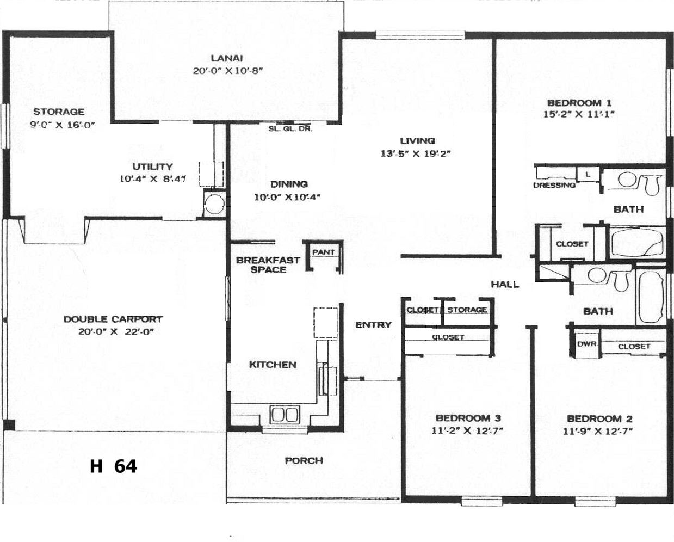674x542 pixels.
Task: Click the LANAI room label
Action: coord(227,58)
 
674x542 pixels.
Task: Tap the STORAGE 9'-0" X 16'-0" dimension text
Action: coord(63,125)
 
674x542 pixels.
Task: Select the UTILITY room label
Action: coord(152,167)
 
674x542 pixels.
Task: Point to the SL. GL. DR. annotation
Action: coord(290,128)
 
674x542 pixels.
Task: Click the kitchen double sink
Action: coord(285,415)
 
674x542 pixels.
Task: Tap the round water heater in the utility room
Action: coord(214,204)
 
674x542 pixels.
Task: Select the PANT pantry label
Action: coord(324,252)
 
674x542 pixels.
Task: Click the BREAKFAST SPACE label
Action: coord(268,264)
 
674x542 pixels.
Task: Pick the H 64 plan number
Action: coord(113,466)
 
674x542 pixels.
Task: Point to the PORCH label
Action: coord(304,460)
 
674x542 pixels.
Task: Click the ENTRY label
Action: coord(373,325)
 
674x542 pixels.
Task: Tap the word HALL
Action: coord(505,285)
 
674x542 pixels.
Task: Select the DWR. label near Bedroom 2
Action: coord(587,344)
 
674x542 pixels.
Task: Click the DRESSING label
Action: coord(554,185)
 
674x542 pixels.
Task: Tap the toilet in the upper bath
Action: coord(653,184)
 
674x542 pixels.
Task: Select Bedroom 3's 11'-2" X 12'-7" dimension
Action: coord(467,431)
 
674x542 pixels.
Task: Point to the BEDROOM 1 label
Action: coord(579,103)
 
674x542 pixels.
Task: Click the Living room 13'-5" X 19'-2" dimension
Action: coord(416,153)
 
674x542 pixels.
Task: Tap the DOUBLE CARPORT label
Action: coord(113,319)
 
